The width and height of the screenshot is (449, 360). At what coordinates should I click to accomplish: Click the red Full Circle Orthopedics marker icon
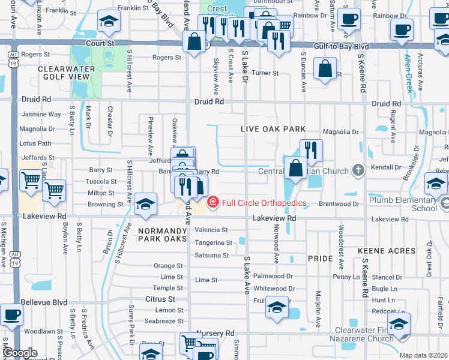[212, 202]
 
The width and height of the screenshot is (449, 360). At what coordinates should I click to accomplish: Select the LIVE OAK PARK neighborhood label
[273, 129]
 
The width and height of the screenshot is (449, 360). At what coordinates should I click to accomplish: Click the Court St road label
[100, 43]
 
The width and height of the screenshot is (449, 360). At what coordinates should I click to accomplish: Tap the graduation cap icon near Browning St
[145, 205]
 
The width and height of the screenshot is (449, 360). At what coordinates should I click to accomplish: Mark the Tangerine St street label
[212, 243]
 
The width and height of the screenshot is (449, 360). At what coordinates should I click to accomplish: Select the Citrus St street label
[160, 298]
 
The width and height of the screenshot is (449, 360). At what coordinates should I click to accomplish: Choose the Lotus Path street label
[35, 143]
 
